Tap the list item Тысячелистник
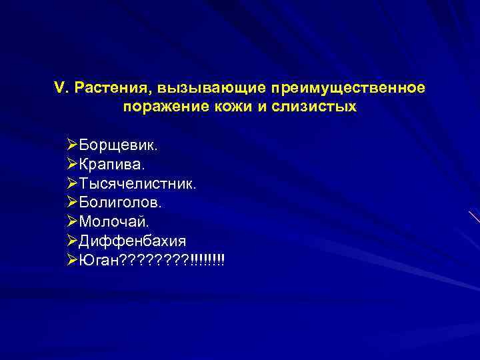137,183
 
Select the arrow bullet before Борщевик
73,145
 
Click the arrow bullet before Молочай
73,221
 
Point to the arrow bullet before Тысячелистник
73,183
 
